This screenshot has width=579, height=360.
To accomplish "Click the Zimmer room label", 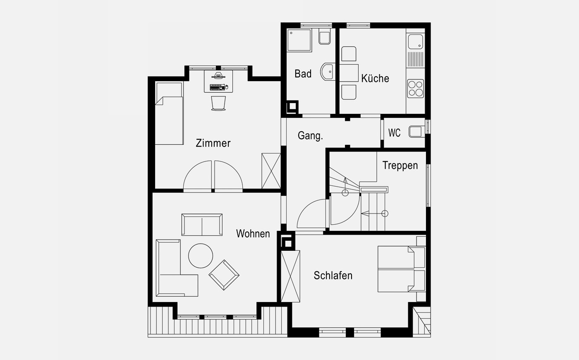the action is click(x=213, y=143).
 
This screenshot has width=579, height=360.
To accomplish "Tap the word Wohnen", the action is click(x=253, y=233).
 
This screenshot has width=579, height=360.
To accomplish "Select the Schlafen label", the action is click(x=333, y=276).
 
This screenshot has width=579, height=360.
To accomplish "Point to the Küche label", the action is click(x=375, y=78).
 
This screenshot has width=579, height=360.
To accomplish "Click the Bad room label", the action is click(x=303, y=74).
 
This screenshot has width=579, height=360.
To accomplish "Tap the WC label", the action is click(x=394, y=133).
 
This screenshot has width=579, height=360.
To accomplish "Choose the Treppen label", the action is click(x=400, y=165).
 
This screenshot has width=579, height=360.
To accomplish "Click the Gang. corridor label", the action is click(x=310, y=136).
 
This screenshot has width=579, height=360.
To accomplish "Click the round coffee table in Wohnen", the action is click(x=201, y=256).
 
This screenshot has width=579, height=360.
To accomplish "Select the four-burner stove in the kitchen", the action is click(x=415, y=89).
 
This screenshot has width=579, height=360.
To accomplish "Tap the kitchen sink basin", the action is click(x=415, y=42).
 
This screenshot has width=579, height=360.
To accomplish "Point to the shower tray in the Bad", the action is click(x=299, y=40).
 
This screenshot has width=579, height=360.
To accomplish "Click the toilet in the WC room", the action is click(x=417, y=132).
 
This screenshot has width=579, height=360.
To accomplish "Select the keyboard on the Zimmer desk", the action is click(x=217, y=87).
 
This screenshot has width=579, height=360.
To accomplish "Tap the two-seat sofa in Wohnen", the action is click(x=202, y=224).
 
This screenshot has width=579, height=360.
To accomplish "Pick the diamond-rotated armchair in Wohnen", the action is click(x=224, y=275).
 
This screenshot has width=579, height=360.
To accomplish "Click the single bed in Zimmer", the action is click(x=169, y=113).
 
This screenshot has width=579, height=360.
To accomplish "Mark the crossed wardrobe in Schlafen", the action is click(x=290, y=276).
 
